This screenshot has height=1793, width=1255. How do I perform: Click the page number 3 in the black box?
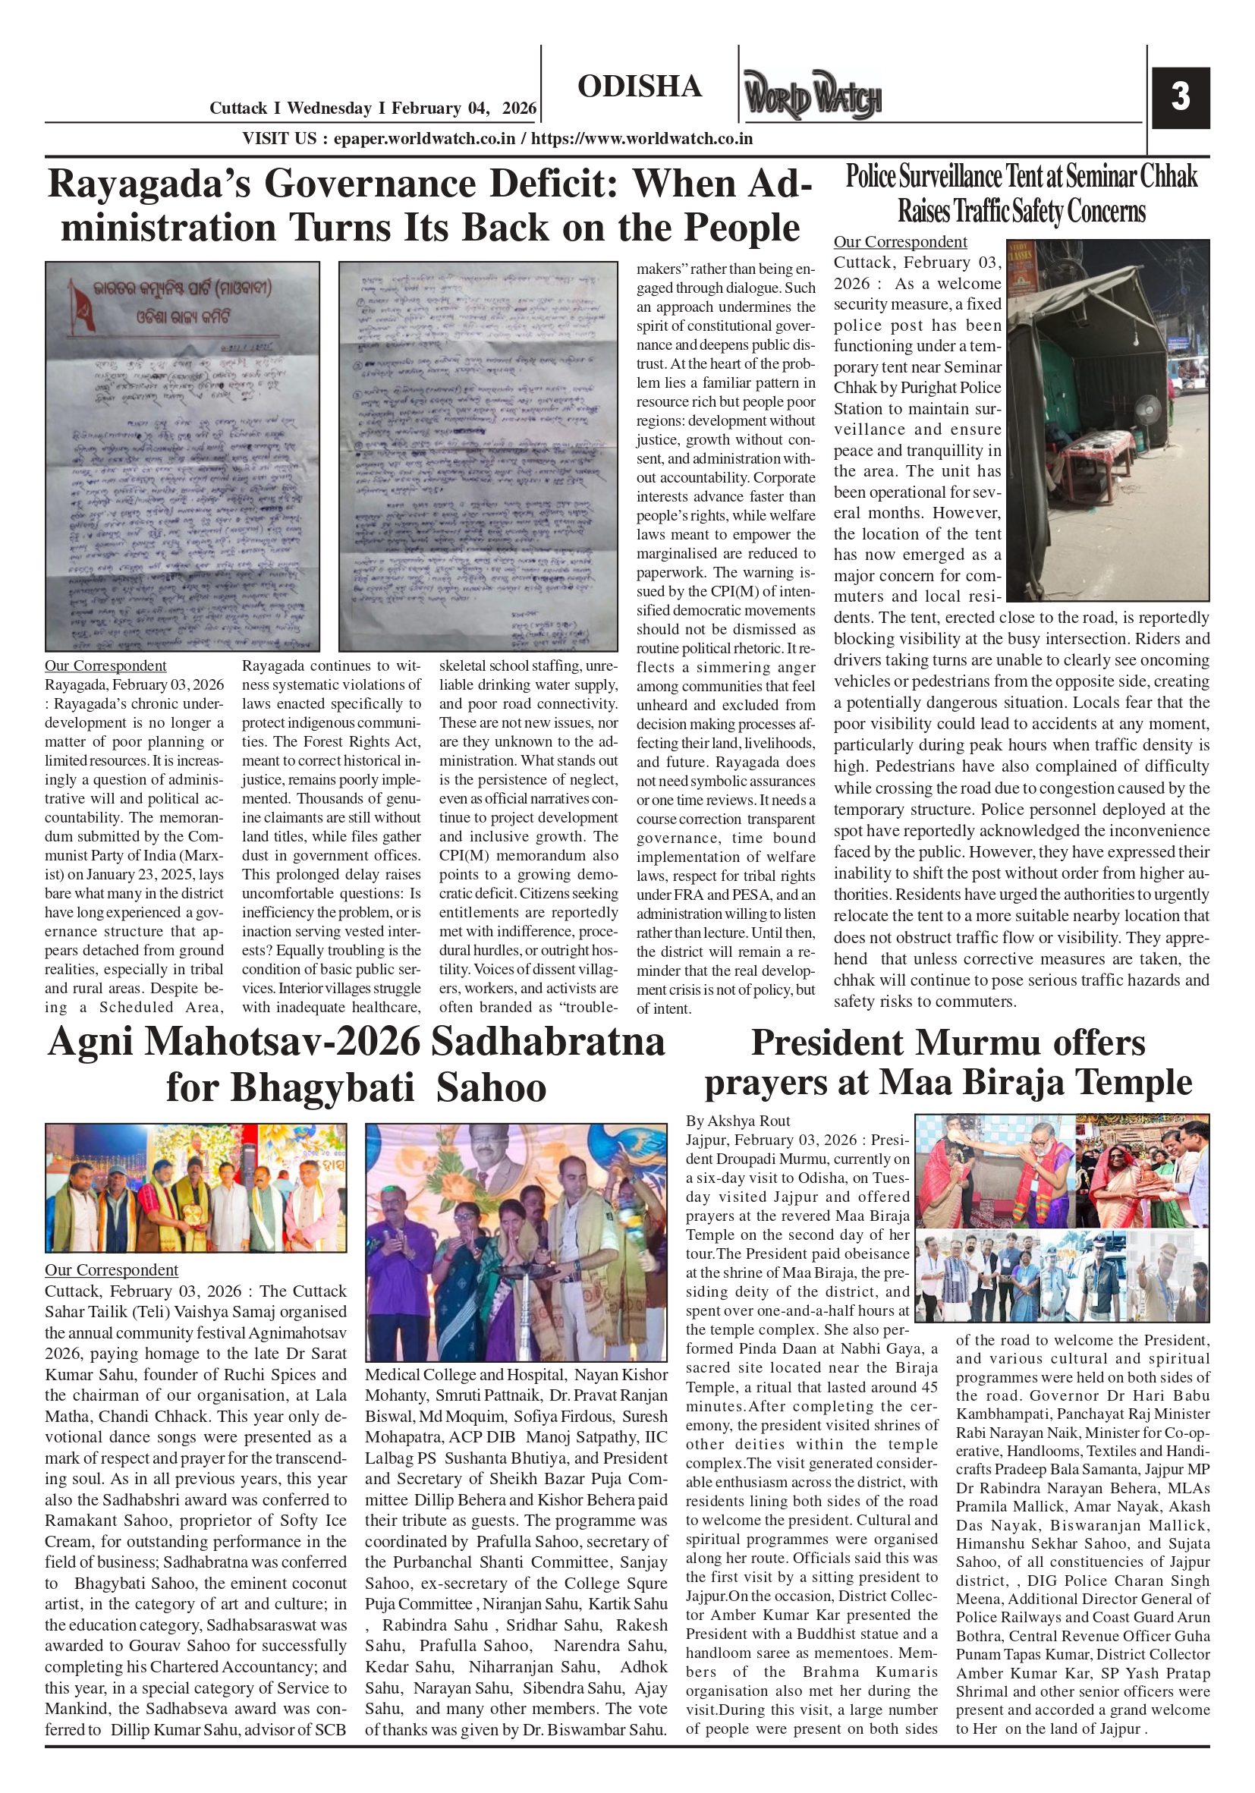(1180, 98)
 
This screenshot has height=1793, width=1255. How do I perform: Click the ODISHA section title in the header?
(640, 87)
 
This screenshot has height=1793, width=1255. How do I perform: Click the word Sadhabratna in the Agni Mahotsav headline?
(548, 1042)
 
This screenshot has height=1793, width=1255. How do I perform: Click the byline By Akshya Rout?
(738, 1121)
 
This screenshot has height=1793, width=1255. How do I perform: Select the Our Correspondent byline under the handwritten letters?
(105, 666)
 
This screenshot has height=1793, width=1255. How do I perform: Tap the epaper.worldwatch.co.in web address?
(424, 139)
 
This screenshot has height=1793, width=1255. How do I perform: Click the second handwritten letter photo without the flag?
(477, 456)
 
